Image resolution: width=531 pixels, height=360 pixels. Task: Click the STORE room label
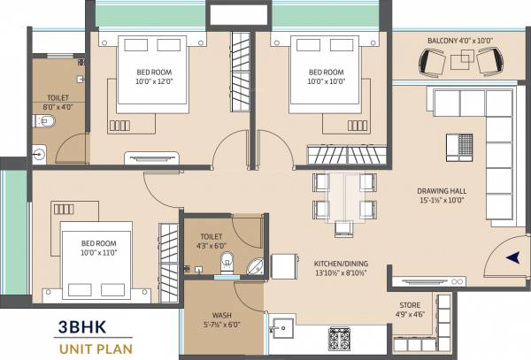[409, 310]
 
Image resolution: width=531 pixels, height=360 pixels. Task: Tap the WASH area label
[221, 319]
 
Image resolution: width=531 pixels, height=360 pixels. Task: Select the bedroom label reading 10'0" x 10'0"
[326, 77]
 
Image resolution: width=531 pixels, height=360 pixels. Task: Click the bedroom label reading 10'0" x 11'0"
[98, 247]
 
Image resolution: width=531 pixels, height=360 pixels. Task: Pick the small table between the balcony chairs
[462, 60]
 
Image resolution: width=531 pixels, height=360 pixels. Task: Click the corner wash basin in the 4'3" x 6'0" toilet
[255, 264]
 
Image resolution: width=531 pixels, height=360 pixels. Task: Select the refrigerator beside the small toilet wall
[283, 266]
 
